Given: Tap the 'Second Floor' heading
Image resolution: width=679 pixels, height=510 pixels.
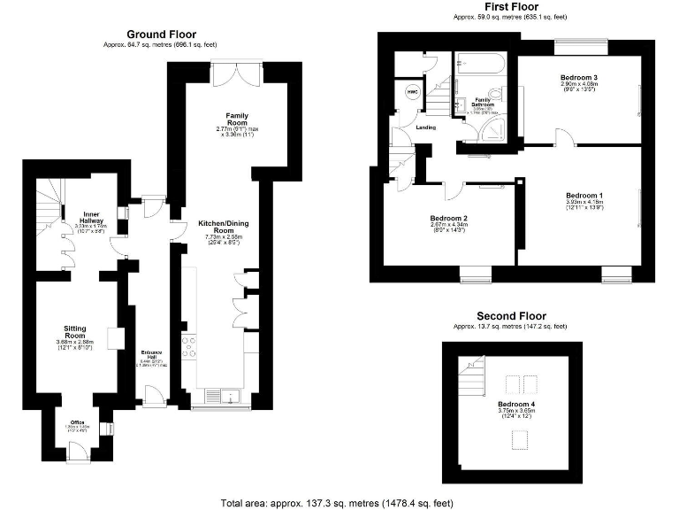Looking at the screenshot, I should tap(511, 316).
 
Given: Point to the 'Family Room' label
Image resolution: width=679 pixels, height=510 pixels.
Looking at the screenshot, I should tap(237, 116).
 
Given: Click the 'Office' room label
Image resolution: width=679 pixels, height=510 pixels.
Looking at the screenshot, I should tap(79, 423).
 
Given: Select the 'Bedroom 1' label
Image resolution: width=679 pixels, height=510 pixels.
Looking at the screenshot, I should tap(584, 195).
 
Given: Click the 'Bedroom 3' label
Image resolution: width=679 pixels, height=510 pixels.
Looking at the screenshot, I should tap(578, 79).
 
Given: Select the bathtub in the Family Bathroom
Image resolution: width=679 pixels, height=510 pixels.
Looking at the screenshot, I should tap(479, 64).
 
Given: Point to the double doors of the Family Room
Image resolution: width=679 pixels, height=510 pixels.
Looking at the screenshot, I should tap(237, 73).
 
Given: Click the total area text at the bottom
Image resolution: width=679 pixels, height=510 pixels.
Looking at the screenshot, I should tap(338, 502).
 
